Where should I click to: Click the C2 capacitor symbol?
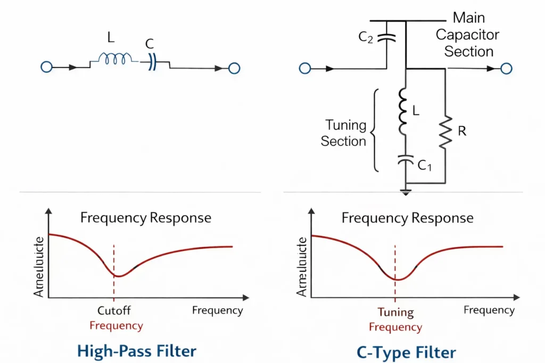coord(386,38)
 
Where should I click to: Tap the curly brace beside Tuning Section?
coord(375,131)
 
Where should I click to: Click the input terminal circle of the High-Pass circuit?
coord(47,67)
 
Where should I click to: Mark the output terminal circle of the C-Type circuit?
coord(506,68)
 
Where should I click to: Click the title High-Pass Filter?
coord(137,351)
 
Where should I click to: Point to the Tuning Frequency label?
coord(395,319)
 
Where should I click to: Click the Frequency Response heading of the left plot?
coord(145,218)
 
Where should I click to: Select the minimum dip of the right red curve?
coord(396,279)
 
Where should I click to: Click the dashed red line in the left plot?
coord(113,287)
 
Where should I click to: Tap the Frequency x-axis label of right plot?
coord(489,310)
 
